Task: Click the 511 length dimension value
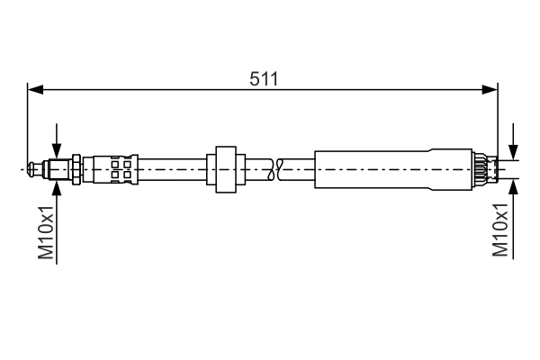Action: tap(264, 79)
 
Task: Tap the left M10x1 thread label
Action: tap(46, 232)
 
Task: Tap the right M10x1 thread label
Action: tap(500, 229)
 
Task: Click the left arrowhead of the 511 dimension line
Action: tap(35, 90)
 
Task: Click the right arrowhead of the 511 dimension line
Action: tap(490, 90)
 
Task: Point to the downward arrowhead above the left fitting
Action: tap(57, 151)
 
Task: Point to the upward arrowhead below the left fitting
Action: tap(57, 188)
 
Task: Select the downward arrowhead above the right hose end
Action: tap(513, 152)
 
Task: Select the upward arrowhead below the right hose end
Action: tap(513, 187)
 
